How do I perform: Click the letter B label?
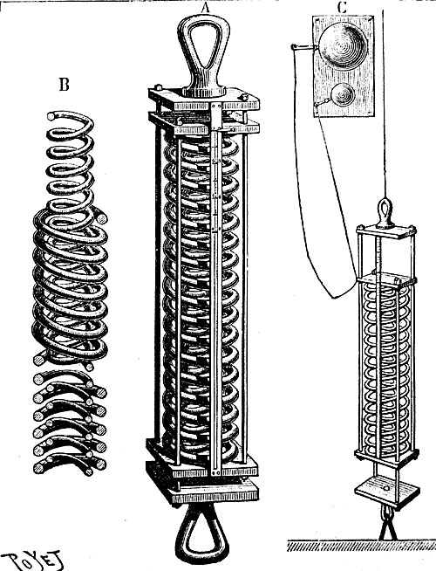(x=64, y=85)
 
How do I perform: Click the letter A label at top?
(x=206, y=7)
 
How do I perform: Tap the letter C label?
(x=342, y=8)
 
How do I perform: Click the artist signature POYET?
(x=31, y=561)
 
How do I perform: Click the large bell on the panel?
(x=343, y=46)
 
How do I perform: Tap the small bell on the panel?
(x=343, y=94)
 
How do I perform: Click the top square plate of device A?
(x=204, y=100)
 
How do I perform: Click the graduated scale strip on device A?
(x=216, y=292)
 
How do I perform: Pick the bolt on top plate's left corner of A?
(x=158, y=88)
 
